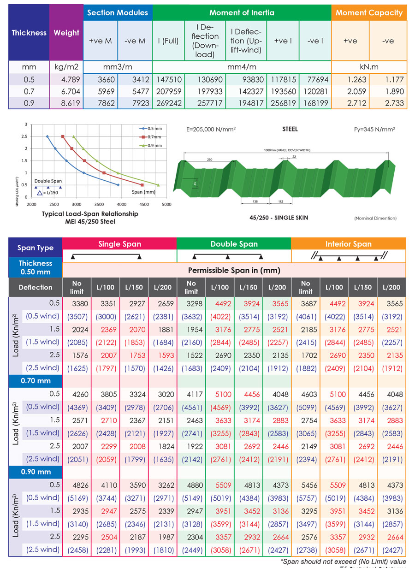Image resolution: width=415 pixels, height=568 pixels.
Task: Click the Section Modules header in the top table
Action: pos(118,12)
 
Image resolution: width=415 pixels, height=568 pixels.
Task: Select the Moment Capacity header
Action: pos(369,12)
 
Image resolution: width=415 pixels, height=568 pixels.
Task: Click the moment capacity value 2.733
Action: pos(388,103)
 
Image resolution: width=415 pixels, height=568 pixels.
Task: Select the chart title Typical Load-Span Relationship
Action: pos(90,214)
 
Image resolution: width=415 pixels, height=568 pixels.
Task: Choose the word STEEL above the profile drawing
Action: pos(290,130)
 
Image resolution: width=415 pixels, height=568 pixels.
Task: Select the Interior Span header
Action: pos(349,244)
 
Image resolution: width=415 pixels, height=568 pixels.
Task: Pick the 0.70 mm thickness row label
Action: pos(36,381)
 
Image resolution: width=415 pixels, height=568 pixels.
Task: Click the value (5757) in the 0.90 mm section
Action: pos(305,498)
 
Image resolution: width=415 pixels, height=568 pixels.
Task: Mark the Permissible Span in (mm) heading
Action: pos(234,270)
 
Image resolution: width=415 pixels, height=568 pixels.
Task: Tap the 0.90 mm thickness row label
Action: pos(36,472)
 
